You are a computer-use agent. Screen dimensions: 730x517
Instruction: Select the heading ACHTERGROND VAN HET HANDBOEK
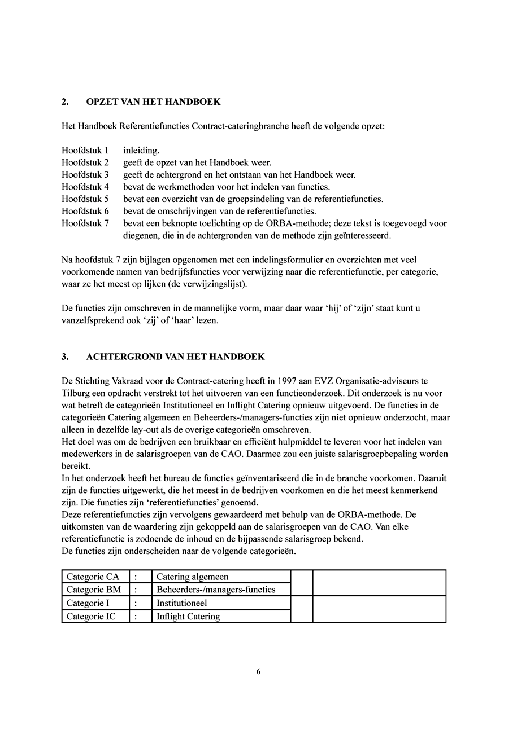click(175, 357)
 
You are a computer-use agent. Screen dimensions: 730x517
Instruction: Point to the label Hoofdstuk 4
click(85, 187)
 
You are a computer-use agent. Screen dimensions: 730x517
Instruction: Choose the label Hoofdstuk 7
click(85, 223)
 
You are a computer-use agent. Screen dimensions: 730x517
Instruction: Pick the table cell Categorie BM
click(94, 590)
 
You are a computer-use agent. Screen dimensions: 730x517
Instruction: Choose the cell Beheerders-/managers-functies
click(216, 590)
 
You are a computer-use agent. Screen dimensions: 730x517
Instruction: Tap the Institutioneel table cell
click(181, 603)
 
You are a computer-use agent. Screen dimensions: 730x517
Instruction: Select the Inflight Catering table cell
click(188, 617)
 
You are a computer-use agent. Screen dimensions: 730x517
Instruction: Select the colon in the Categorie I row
click(136, 603)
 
